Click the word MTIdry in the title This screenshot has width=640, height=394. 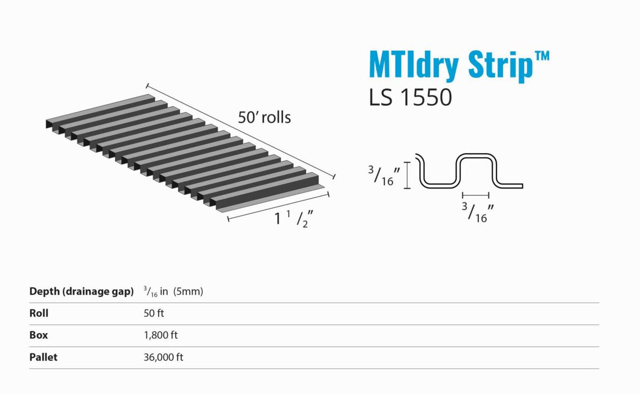pyautogui.click(x=415, y=65)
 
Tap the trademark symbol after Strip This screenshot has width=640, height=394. pyautogui.click(x=541, y=56)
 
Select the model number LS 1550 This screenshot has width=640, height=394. pyautogui.click(x=410, y=97)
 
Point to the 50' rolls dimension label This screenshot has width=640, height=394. pyautogui.click(x=264, y=117)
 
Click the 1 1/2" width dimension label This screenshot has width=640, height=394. pyautogui.click(x=293, y=218)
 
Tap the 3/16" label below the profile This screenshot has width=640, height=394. pyautogui.click(x=474, y=212)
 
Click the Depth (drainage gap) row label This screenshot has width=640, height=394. pyautogui.click(x=81, y=292)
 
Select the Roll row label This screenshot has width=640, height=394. pyautogui.click(x=39, y=314)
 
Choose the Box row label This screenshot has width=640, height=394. pyautogui.click(x=38, y=335)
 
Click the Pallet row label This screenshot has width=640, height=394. pyautogui.click(x=43, y=357)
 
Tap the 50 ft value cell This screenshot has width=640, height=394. pyautogui.click(x=154, y=314)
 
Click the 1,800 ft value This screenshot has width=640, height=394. pyautogui.click(x=160, y=335)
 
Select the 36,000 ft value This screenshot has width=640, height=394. pyautogui.click(x=163, y=357)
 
